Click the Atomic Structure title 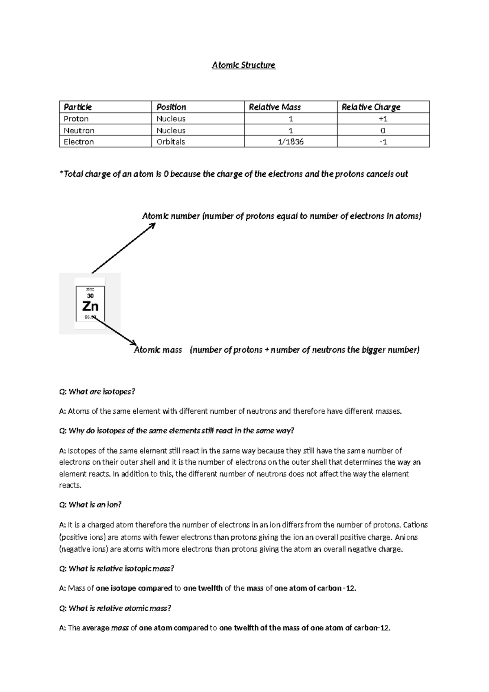pos(244,65)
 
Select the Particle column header pos(78,107)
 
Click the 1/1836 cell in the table pos(291,142)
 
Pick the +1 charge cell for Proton pos(383,119)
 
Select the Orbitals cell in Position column pos(171,142)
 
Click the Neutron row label pos(79,131)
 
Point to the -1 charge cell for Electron pos(383,142)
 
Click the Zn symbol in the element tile pos(90,306)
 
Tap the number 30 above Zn pos(90,296)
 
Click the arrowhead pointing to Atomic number pos(152,225)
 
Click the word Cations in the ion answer pos(415,525)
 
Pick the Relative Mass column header pos(275,107)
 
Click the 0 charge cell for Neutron pos(383,131)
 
